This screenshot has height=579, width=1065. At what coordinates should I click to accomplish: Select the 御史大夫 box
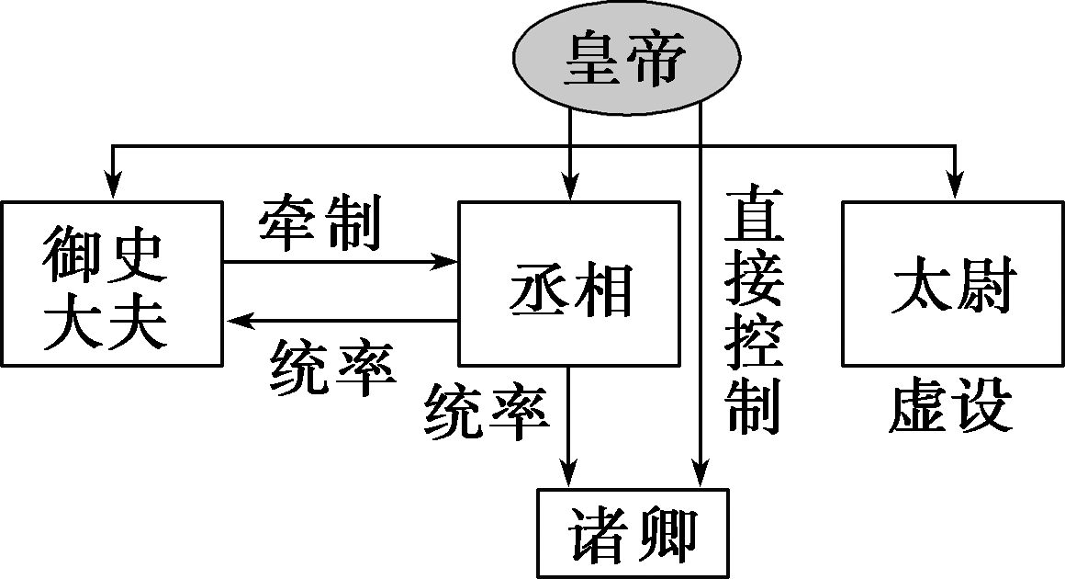pos(111,282)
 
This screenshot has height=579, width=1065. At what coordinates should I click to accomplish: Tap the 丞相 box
pos(569,282)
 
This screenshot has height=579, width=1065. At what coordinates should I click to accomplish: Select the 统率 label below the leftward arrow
pos(332,369)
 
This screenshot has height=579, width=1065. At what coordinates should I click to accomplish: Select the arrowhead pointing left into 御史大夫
pos(238,321)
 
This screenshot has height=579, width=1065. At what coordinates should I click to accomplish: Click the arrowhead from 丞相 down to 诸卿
pos(570,475)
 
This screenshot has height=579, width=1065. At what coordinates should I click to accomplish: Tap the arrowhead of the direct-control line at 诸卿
pos(701,475)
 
